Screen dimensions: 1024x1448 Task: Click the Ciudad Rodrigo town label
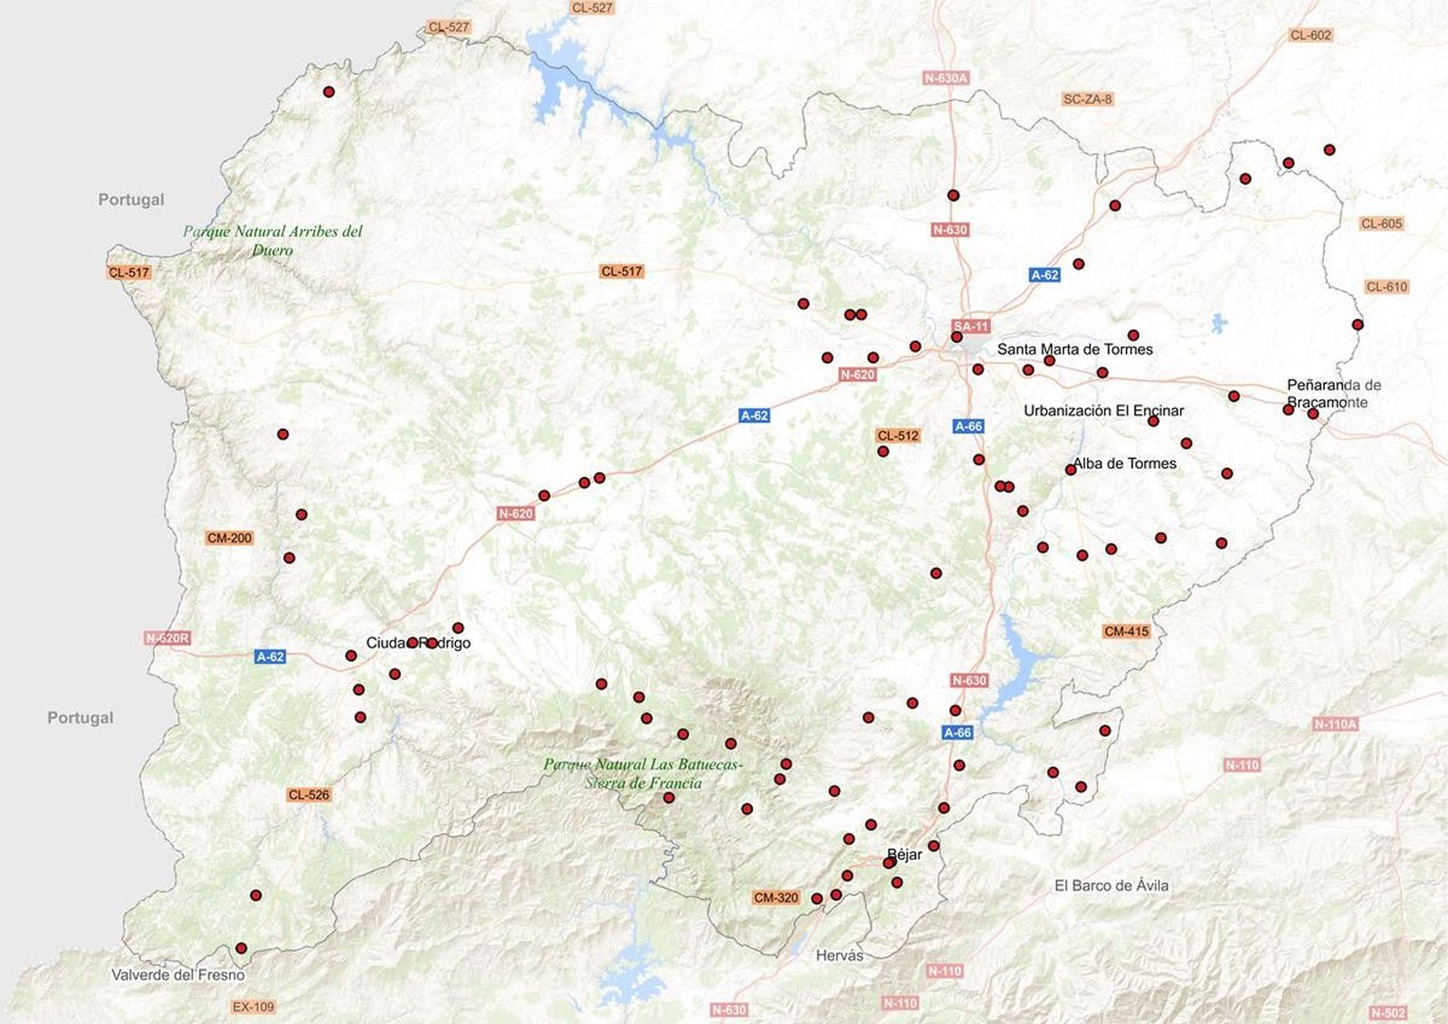[418, 643]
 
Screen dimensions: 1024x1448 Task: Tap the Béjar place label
[905, 854]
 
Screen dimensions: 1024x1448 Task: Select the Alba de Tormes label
[1125, 464]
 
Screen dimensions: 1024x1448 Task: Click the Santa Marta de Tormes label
[1075, 349]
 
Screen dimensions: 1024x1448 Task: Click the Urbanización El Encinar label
[1103, 411]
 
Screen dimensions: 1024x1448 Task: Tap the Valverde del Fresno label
[177, 975]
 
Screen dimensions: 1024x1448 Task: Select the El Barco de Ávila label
[1111, 885]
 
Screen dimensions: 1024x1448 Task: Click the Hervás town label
[839, 956]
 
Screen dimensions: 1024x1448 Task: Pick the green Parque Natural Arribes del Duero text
[272, 240]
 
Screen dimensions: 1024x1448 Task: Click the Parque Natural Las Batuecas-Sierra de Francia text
[643, 774]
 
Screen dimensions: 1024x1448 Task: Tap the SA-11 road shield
[971, 326]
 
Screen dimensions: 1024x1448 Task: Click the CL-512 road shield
[898, 435]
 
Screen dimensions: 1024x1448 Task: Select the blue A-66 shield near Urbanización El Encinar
[968, 426]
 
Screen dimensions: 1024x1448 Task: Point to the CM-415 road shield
[1126, 631]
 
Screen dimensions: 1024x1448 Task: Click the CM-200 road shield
[229, 538]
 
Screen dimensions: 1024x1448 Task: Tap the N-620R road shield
[167, 638]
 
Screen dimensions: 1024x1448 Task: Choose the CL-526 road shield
[309, 795]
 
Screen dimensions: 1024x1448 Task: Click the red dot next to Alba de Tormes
[1071, 470]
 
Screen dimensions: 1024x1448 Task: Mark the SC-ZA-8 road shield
[1087, 99]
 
